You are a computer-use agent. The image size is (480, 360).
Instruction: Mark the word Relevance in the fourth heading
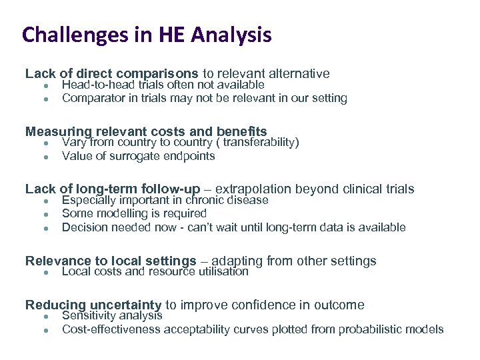click(56, 261)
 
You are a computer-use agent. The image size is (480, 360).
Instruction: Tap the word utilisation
click(223, 272)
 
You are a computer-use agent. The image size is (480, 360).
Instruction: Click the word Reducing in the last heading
click(53, 305)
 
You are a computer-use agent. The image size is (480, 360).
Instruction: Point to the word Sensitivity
click(89, 316)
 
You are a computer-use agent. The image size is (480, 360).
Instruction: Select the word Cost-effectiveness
click(111, 329)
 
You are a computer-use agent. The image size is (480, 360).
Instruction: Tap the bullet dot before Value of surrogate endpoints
click(44, 157)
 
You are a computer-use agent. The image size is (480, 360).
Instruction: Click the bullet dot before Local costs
click(44, 273)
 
